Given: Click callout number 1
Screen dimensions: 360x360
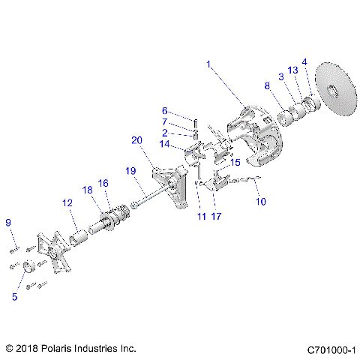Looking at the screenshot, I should [209, 64].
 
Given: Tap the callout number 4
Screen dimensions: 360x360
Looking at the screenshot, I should [304, 61].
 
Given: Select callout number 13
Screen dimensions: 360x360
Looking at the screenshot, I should [293, 70].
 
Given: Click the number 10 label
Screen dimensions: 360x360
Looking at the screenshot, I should [261, 201].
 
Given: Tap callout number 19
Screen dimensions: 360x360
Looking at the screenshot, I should [130, 172].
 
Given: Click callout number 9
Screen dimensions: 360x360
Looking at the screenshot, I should [9, 222].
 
